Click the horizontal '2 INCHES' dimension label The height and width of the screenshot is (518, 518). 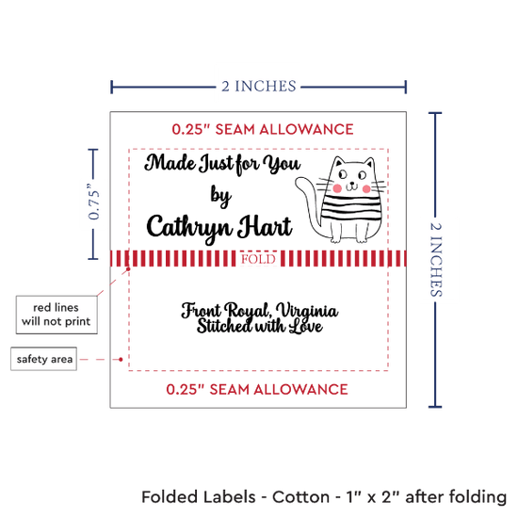(x=259, y=87)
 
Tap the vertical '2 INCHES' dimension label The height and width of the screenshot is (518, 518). (x=436, y=260)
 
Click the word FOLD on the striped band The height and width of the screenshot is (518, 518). (x=258, y=259)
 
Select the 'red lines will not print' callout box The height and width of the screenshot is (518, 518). (x=57, y=315)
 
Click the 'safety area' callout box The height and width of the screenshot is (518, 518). (x=44, y=359)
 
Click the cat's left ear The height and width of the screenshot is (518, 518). (x=338, y=162)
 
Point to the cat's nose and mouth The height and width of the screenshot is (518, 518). (x=352, y=186)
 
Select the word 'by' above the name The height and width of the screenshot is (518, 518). (x=220, y=196)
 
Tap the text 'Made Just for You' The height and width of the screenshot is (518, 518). (x=222, y=164)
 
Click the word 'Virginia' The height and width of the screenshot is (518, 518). (x=307, y=311)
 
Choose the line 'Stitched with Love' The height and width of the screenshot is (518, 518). (x=260, y=327)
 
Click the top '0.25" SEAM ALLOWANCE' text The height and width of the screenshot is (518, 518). (x=263, y=129)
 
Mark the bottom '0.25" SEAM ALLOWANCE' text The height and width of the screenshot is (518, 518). (x=257, y=390)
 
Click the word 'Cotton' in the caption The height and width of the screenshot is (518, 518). (x=300, y=497)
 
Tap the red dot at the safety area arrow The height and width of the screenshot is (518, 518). (x=121, y=359)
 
